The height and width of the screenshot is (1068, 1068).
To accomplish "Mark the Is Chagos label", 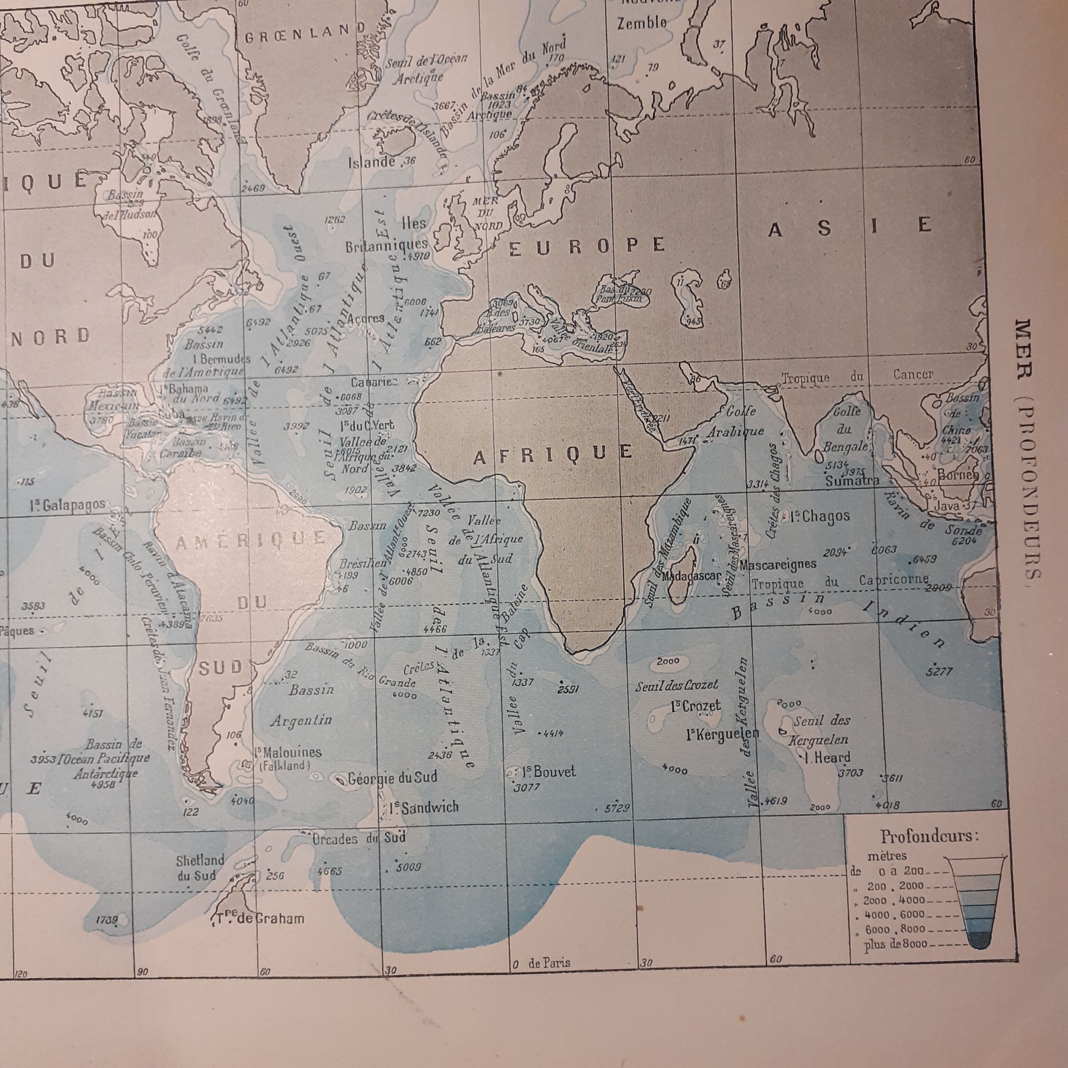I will point(820,517).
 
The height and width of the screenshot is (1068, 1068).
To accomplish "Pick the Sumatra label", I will point(852,480).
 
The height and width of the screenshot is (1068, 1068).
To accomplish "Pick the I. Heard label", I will point(828,758).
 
